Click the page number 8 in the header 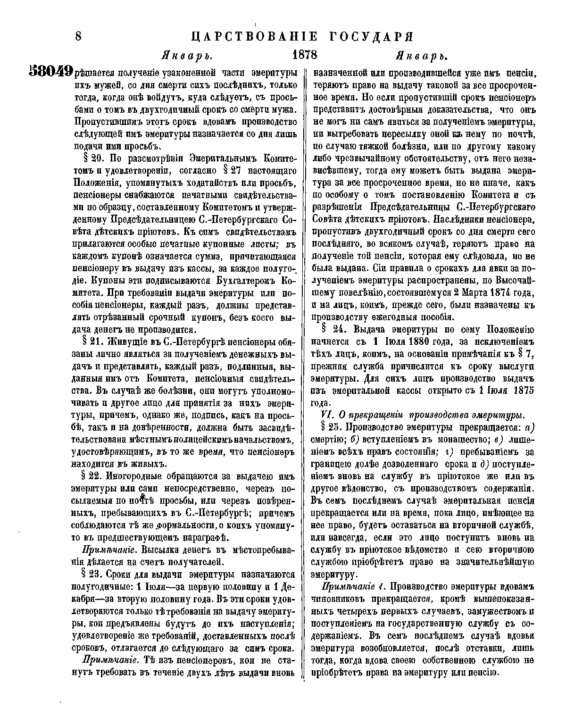point(78,37)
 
